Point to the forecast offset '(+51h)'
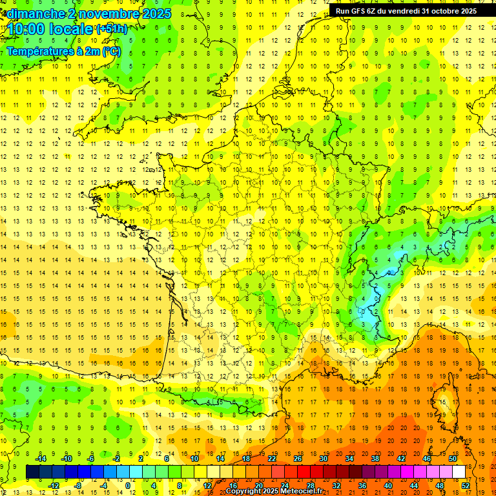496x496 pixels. (x=112, y=29)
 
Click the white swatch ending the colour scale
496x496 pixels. (x=459, y=472)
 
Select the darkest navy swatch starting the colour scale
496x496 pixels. (x=32, y=472)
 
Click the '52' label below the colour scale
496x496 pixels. (x=465, y=486)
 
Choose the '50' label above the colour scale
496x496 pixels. (x=452, y=459)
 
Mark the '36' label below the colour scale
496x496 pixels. (x=362, y=486)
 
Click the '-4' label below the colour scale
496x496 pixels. (x=104, y=486)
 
